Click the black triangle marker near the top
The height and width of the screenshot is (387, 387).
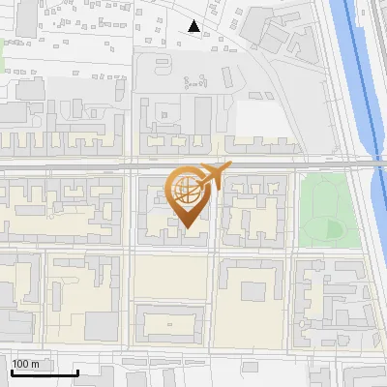pyautogui.click(x=194, y=26)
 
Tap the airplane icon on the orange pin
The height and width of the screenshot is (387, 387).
pyautogui.click(x=213, y=176)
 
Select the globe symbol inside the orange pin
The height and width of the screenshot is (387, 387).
pyautogui.click(x=186, y=190)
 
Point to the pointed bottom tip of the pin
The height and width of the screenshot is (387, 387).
pyautogui.click(x=186, y=228)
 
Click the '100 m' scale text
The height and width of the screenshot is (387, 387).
pyautogui.click(x=26, y=364)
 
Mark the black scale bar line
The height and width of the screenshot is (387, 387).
pyautogui.click(x=45, y=372)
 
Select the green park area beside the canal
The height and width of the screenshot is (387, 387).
pyautogui.click(x=323, y=208)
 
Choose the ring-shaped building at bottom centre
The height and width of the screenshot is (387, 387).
pyautogui.click(x=170, y=323)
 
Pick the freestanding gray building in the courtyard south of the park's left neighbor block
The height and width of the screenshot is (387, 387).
pyautogui.click(x=253, y=290)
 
